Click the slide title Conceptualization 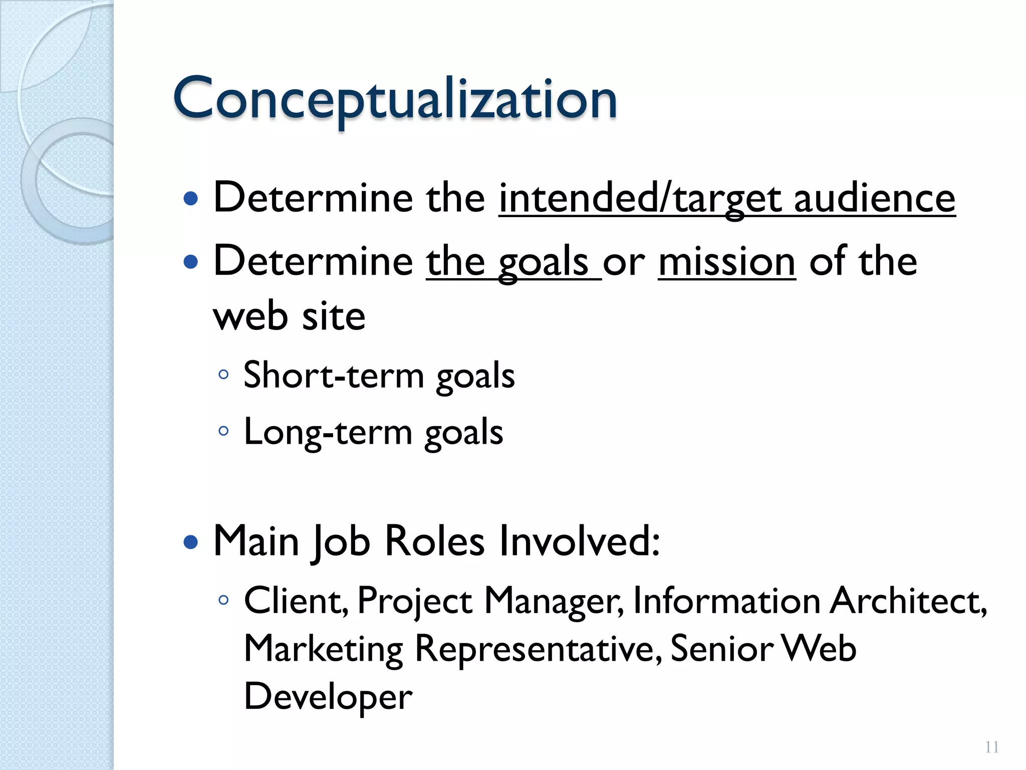[x=394, y=99]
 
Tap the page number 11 [x=991, y=747]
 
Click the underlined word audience [x=875, y=198]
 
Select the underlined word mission [x=726, y=262]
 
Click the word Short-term [x=334, y=375]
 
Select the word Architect [x=908, y=601]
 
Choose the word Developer [x=328, y=697]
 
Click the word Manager [x=553, y=601]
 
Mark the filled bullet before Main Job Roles [x=191, y=542]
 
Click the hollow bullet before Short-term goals [x=223, y=374]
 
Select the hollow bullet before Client [x=223, y=600]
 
